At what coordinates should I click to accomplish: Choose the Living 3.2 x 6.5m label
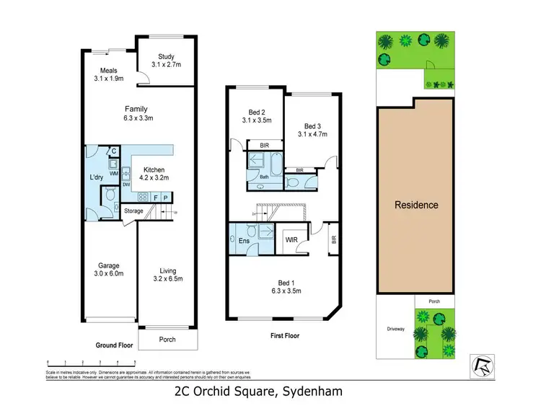point(167,275)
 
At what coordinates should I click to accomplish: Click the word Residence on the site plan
point(416,205)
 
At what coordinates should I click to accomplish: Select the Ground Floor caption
point(115,345)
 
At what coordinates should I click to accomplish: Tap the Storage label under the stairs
point(133,211)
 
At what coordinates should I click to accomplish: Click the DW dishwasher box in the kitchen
point(126,185)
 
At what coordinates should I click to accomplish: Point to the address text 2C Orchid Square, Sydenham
point(258,392)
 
